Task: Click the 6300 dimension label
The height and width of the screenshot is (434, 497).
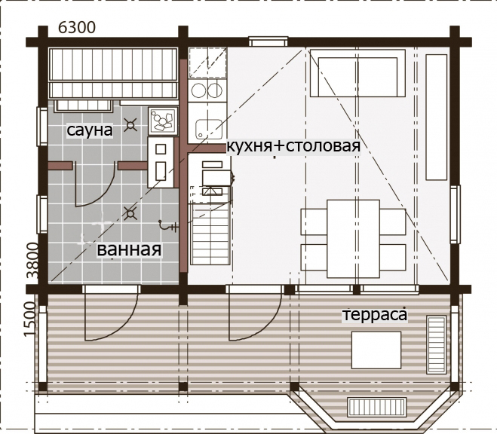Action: [x=77, y=28]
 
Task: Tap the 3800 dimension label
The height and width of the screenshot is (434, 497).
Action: [x=32, y=261]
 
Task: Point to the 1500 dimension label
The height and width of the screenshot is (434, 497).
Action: [x=30, y=319]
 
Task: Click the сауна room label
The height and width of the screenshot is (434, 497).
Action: [x=90, y=130]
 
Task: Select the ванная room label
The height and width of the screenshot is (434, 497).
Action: [x=129, y=249]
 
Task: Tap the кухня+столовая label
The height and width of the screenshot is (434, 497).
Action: [x=293, y=146]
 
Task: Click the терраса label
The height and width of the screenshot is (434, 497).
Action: [x=375, y=315]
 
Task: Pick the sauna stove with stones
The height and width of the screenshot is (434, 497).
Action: [x=163, y=121]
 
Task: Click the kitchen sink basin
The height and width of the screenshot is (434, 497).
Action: [x=208, y=129]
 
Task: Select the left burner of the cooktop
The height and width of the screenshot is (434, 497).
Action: [x=199, y=90]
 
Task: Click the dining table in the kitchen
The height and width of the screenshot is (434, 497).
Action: [x=353, y=239]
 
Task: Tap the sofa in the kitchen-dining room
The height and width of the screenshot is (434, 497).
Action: [x=357, y=73]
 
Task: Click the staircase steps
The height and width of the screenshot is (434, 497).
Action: [x=210, y=234]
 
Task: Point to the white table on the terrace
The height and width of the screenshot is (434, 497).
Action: [x=376, y=350]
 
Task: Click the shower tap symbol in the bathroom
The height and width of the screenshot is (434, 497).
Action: [x=167, y=226]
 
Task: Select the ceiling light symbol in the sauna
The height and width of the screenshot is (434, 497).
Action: [x=130, y=125]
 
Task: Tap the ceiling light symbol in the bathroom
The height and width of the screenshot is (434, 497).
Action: [x=130, y=214]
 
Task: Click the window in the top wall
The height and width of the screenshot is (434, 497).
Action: [x=268, y=41]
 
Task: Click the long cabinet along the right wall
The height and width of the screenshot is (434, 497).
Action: [x=437, y=117]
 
